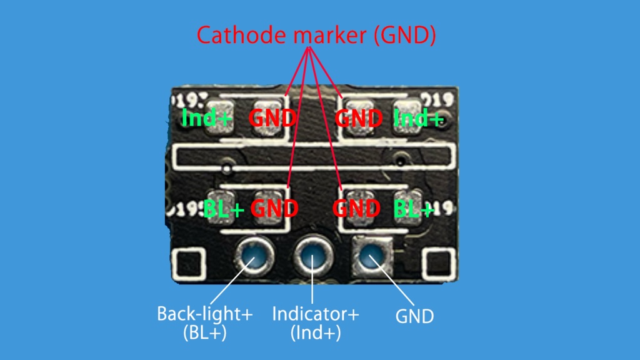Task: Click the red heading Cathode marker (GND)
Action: pos(316,36)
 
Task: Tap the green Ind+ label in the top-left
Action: pos(207,117)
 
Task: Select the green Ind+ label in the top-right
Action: pos(418,117)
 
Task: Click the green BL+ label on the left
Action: pos(224,209)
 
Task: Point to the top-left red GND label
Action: pos(272,117)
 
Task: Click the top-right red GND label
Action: pos(359,117)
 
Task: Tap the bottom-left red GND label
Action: pos(274,208)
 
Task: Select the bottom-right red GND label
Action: pos(356,208)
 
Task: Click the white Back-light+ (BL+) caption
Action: pos(204,322)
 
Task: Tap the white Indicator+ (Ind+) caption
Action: pos(316,322)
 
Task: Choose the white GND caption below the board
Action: pos(414,317)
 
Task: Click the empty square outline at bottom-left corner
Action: pos(189,264)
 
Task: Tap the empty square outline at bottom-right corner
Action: pos(437,264)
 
